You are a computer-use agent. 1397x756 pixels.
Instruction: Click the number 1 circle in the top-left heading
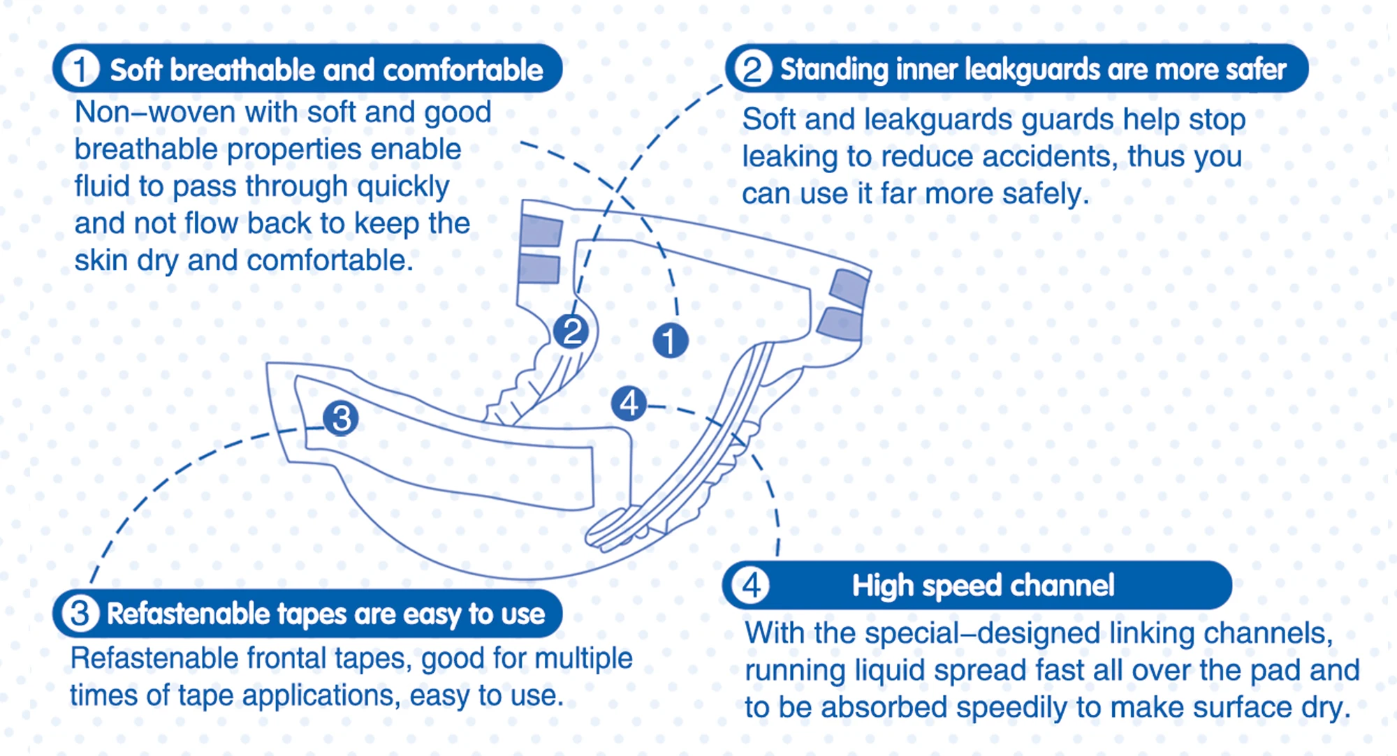(x=80, y=69)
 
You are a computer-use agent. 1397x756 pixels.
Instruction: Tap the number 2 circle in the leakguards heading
(x=752, y=69)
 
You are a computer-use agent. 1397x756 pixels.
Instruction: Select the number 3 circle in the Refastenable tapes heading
(x=80, y=614)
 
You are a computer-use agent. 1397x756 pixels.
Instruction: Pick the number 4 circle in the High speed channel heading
(x=751, y=585)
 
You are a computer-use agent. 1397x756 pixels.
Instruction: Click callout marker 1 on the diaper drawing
(x=670, y=341)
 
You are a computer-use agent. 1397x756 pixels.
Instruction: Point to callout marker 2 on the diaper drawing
(x=572, y=331)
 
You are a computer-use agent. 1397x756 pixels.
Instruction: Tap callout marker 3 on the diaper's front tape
(x=341, y=418)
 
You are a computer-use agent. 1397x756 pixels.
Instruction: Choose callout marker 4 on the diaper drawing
(x=629, y=403)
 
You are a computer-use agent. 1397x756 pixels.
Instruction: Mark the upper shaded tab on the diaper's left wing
(x=541, y=231)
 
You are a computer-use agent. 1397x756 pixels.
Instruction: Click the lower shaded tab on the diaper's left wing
(x=539, y=269)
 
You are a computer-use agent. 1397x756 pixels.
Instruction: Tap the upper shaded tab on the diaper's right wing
(x=849, y=288)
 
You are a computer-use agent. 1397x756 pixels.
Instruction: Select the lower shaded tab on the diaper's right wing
(x=840, y=324)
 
